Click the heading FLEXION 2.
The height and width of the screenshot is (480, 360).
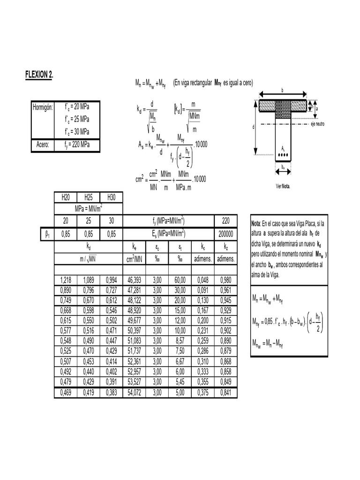click(x=39, y=75)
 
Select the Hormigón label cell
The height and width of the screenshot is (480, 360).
click(x=43, y=107)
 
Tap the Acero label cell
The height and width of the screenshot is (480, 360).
click(x=43, y=144)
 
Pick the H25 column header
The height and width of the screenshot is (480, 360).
click(x=89, y=197)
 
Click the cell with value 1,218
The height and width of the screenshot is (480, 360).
click(x=66, y=280)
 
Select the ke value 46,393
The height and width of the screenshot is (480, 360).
click(x=134, y=280)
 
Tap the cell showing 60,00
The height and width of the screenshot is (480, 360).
click(x=180, y=280)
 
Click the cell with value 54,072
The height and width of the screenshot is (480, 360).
click(x=134, y=392)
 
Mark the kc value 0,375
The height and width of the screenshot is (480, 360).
click(x=203, y=392)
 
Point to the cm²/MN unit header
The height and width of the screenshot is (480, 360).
click(x=134, y=258)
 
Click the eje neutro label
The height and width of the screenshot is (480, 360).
click(x=317, y=124)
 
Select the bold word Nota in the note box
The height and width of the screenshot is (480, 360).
click(x=256, y=223)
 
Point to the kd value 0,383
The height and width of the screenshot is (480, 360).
click(x=111, y=392)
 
